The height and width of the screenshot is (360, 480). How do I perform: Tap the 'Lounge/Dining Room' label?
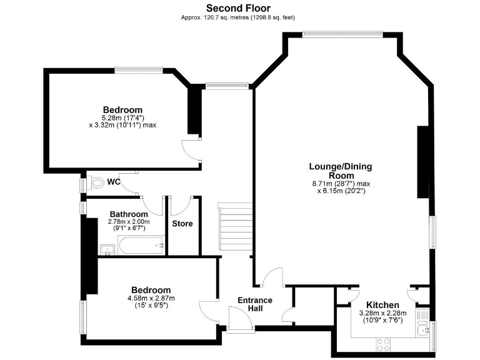(x=341, y=171)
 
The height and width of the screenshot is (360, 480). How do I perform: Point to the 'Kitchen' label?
(x=382, y=305)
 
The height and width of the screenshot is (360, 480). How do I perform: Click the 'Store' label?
(x=182, y=224)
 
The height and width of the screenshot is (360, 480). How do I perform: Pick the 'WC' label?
(x=113, y=182)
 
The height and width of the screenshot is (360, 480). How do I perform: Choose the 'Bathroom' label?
(x=129, y=214)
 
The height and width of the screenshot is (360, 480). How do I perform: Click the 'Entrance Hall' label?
(x=255, y=304)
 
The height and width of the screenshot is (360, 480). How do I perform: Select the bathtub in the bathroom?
(x=141, y=246)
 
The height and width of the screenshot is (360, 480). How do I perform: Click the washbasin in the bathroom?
(x=108, y=250)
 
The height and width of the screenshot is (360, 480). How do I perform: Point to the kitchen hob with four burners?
(x=382, y=343)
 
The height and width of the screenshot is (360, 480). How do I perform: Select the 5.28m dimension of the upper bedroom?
(x=123, y=117)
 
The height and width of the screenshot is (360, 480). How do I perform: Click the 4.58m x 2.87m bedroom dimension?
(x=151, y=299)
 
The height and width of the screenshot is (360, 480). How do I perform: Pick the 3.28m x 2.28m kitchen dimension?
(x=382, y=313)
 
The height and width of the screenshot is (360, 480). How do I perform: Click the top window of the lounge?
(x=341, y=34)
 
